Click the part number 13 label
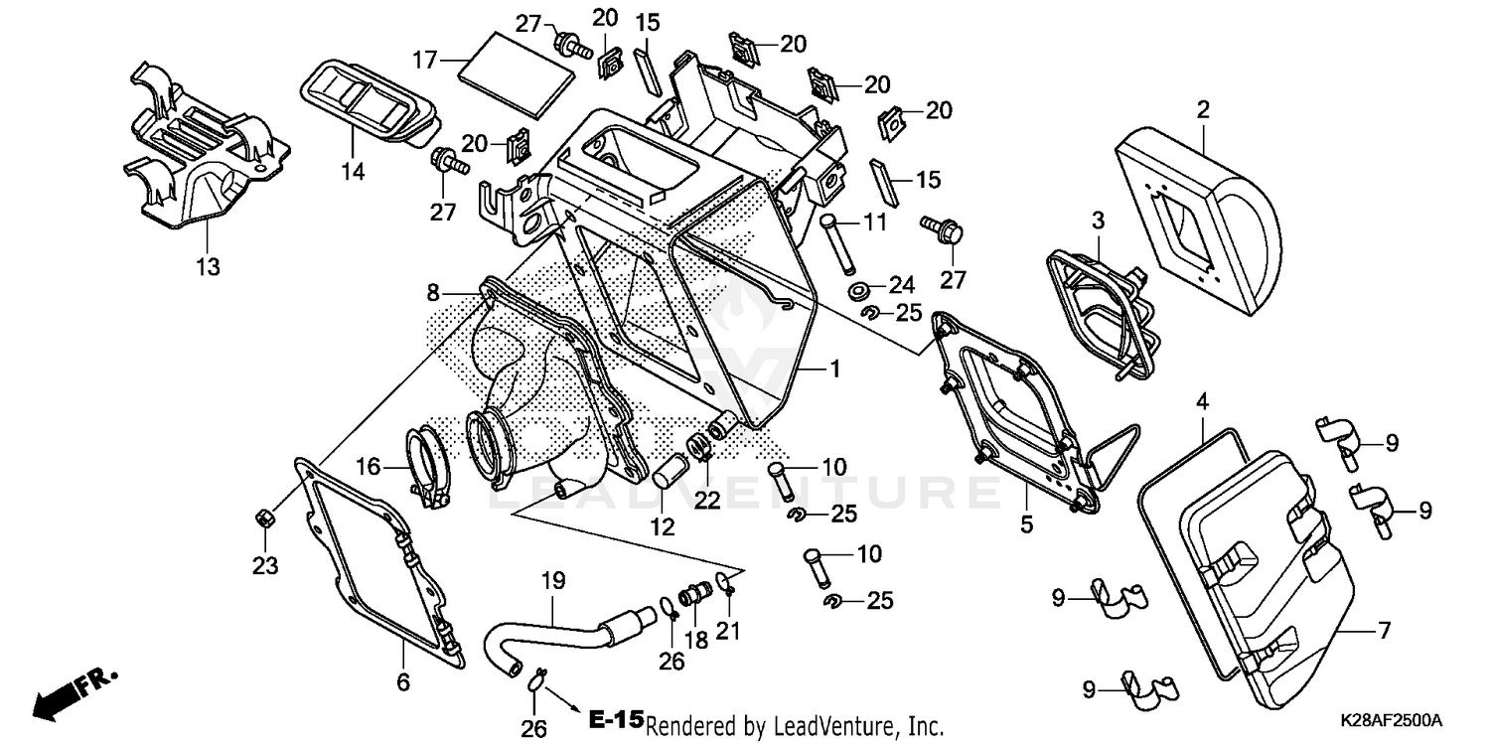[x=208, y=267]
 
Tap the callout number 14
[x=354, y=171]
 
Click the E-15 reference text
[x=616, y=719]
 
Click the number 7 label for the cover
[x=1384, y=630]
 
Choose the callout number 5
[x=1026, y=522]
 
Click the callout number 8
[x=432, y=293]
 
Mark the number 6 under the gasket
[x=402, y=682]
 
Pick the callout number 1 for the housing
[x=833, y=370]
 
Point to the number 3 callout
[x=1099, y=219]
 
